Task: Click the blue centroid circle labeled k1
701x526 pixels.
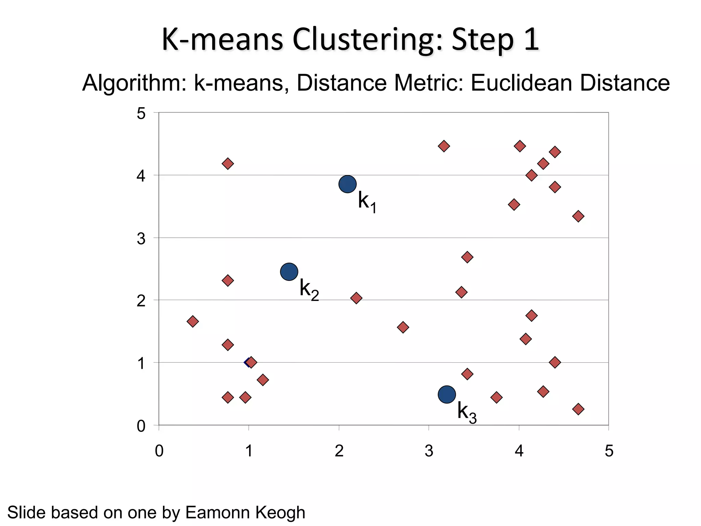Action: [347, 184]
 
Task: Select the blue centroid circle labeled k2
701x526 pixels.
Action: [289, 272]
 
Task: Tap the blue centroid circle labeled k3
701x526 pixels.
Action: [447, 394]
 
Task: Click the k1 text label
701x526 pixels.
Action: [367, 202]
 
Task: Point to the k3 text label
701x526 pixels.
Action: [467, 412]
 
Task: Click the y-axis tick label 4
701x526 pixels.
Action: [141, 176]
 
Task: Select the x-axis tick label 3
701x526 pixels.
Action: [429, 451]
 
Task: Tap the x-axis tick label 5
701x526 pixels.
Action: [609, 451]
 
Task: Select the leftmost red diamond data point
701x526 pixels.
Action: [192, 322]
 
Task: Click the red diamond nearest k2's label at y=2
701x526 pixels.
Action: [356, 298]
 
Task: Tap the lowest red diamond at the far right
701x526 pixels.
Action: [578, 409]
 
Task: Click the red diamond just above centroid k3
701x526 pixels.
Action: [467, 374]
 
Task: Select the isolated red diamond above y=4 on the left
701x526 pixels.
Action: [228, 164]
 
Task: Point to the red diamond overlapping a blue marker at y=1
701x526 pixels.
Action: [251, 362]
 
